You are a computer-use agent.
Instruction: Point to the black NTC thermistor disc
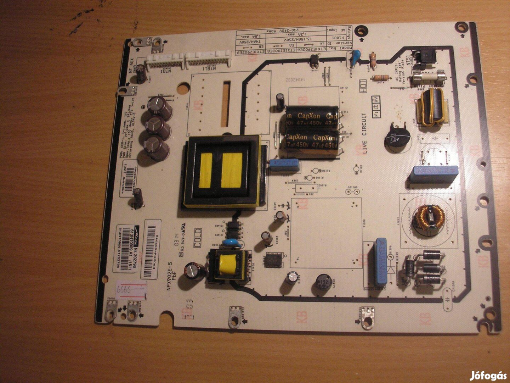tap(397, 137)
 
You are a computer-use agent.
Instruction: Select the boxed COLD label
tap(198, 238)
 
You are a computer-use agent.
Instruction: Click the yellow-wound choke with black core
tap(432, 106)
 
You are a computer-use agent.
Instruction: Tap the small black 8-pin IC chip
tap(274, 260)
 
